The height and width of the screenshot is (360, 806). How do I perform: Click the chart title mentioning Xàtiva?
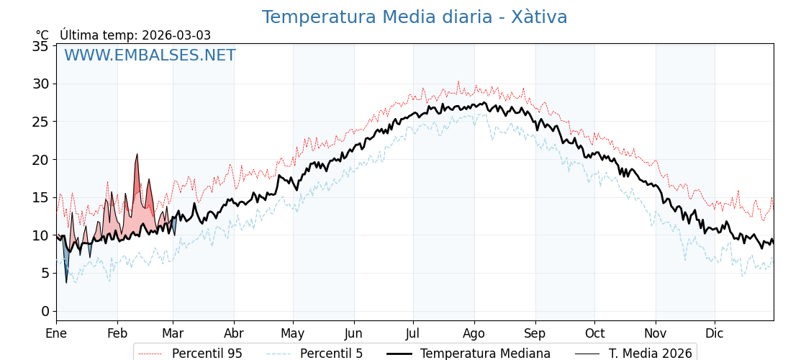415,17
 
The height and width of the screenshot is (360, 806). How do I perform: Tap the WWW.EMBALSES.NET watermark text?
150,55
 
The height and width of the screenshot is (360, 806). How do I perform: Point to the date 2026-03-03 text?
176,35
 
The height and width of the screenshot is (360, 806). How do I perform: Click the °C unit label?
42,35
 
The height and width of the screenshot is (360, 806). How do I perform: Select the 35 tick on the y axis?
40,46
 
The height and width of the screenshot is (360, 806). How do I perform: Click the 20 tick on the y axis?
40,160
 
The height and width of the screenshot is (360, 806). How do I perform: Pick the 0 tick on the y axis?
45,311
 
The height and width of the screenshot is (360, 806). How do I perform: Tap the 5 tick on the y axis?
45,274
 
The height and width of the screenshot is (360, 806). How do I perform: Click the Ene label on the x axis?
56,333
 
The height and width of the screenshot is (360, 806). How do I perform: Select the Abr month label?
234,333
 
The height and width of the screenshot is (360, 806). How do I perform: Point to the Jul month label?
413,333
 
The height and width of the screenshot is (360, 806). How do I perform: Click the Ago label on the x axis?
474,333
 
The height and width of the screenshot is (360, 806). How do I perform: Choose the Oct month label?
594,333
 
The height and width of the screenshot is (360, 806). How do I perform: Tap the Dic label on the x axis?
715,333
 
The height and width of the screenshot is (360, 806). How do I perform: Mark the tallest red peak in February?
137,155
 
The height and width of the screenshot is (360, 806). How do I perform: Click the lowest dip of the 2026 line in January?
66,282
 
